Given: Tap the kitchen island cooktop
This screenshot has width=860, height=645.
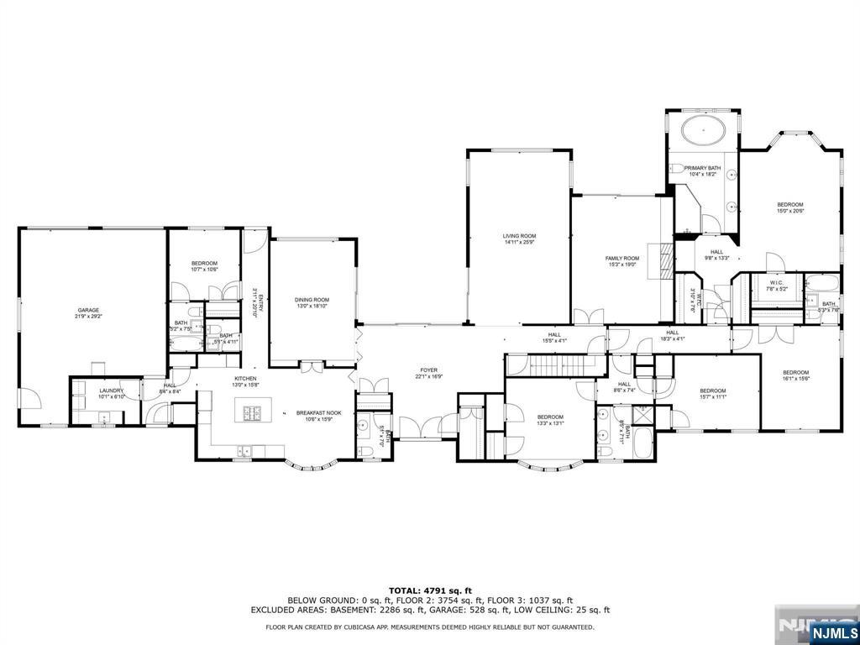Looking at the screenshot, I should pos(251,412).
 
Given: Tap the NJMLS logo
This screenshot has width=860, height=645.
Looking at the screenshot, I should pos(831,629).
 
